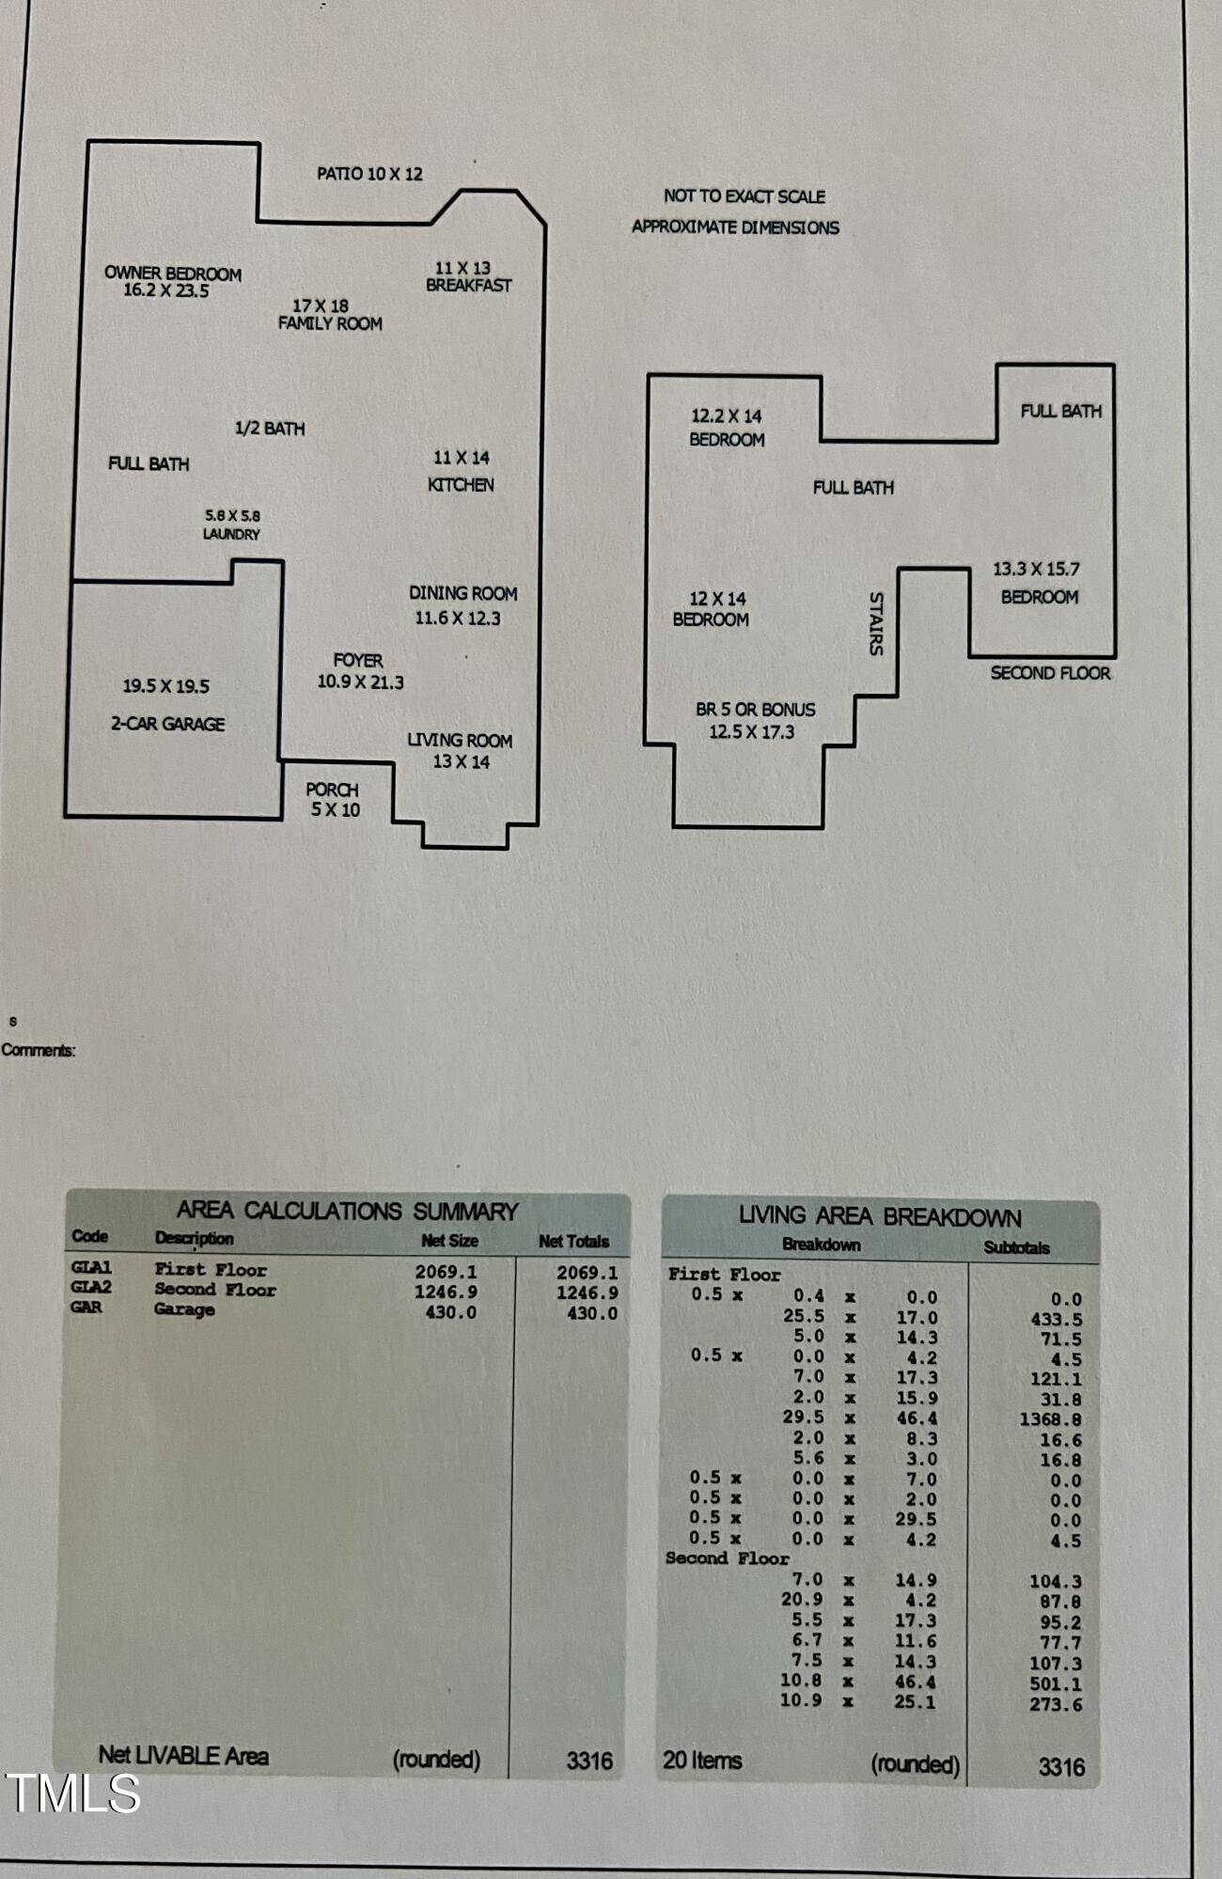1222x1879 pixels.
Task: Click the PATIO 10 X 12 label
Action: [x=369, y=174]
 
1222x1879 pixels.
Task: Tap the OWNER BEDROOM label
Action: [x=173, y=274]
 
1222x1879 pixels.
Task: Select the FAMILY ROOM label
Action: [x=330, y=323]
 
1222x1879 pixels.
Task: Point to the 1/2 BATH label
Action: [x=270, y=429]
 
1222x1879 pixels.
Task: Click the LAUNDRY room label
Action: [x=231, y=534]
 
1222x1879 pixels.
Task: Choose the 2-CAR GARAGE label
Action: [x=168, y=724]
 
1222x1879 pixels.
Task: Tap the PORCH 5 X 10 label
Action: [x=334, y=800]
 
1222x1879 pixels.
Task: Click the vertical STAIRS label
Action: [x=876, y=623]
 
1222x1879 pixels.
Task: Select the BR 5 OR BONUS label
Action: [x=756, y=710]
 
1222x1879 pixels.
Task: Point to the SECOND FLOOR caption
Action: [x=1050, y=673]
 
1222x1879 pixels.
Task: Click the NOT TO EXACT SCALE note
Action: [x=744, y=196]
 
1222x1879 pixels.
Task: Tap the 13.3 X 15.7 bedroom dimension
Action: [x=1037, y=569]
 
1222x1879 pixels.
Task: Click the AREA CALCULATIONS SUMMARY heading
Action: [x=348, y=1211]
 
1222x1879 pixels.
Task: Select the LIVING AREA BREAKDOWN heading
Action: [x=880, y=1216]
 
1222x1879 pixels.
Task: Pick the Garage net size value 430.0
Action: [x=450, y=1312]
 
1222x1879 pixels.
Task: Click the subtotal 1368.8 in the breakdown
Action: [x=1050, y=1419]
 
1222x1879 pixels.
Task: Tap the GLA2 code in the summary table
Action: [x=91, y=1288]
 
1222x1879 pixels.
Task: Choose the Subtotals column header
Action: [x=1017, y=1248]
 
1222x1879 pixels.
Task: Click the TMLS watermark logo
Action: [x=73, y=1793]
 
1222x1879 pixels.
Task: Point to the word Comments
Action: [x=38, y=1050]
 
